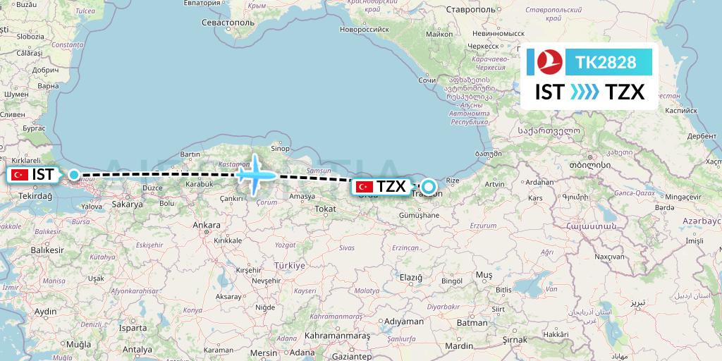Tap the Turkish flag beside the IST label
[x=19, y=174]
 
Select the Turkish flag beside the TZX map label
[x=365, y=187]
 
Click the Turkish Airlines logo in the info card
[x=547, y=62]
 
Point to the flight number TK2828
[x=606, y=63]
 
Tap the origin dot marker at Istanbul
[x=73, y=174]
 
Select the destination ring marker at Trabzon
[x=427, y=188]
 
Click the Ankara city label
[x=207, y=226]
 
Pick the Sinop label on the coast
[x=281, y=148]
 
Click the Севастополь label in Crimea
[x=228, y=23]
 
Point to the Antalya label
[x=137, y=349]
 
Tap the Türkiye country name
[x=289, y=265]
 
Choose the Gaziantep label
[x=350, y=357]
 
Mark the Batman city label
[x=472, y=322]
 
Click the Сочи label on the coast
[x=428, y=80]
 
